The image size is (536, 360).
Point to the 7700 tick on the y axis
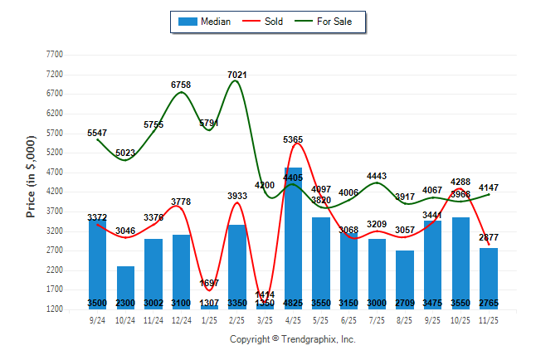tap(54, 54)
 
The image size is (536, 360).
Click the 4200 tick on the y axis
tap(54, 192)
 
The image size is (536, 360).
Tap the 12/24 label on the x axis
tap(181, 319)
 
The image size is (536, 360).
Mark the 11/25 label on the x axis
tap(488, 319)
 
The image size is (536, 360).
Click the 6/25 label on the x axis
tap(348, 319)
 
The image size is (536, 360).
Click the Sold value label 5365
tap(293, 140)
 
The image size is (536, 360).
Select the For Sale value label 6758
tap(181, 85)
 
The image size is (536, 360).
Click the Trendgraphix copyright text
tap(292, 339)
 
